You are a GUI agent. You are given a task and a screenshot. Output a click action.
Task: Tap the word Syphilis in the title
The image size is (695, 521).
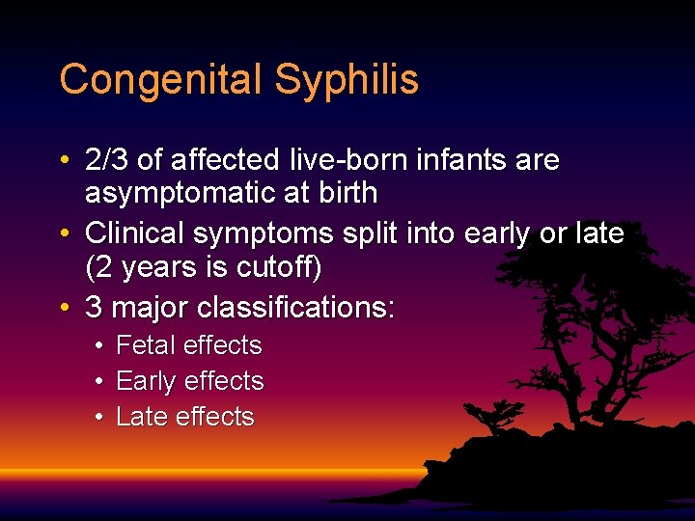[346, 80]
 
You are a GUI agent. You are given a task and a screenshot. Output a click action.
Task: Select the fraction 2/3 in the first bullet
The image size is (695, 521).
[107, 159]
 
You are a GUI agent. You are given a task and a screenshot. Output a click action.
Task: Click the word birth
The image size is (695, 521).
[345, 193]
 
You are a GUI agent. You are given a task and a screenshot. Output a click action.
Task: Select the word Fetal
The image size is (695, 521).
[145, 345]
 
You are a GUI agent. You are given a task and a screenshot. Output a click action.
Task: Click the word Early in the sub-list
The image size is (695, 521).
[145, 381]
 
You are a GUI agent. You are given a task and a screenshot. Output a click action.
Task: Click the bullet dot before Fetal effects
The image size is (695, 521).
[99, 345]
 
